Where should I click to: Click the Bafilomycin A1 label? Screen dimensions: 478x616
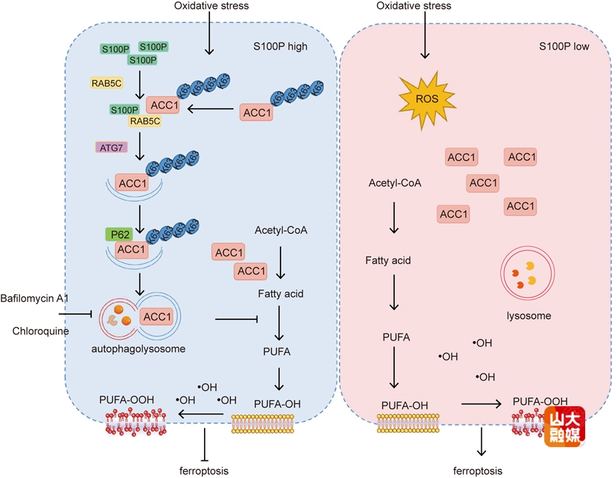[x=30, y=298]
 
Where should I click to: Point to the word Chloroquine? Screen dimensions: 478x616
[x=35, y=330]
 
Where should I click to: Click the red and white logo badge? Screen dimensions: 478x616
[x=564, y=427]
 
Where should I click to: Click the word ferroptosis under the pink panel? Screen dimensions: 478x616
[x=478, y=470]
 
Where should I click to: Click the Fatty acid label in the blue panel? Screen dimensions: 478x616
[x=281, y=294]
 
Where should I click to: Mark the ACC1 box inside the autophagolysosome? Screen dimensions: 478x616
[x=157, y=317]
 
